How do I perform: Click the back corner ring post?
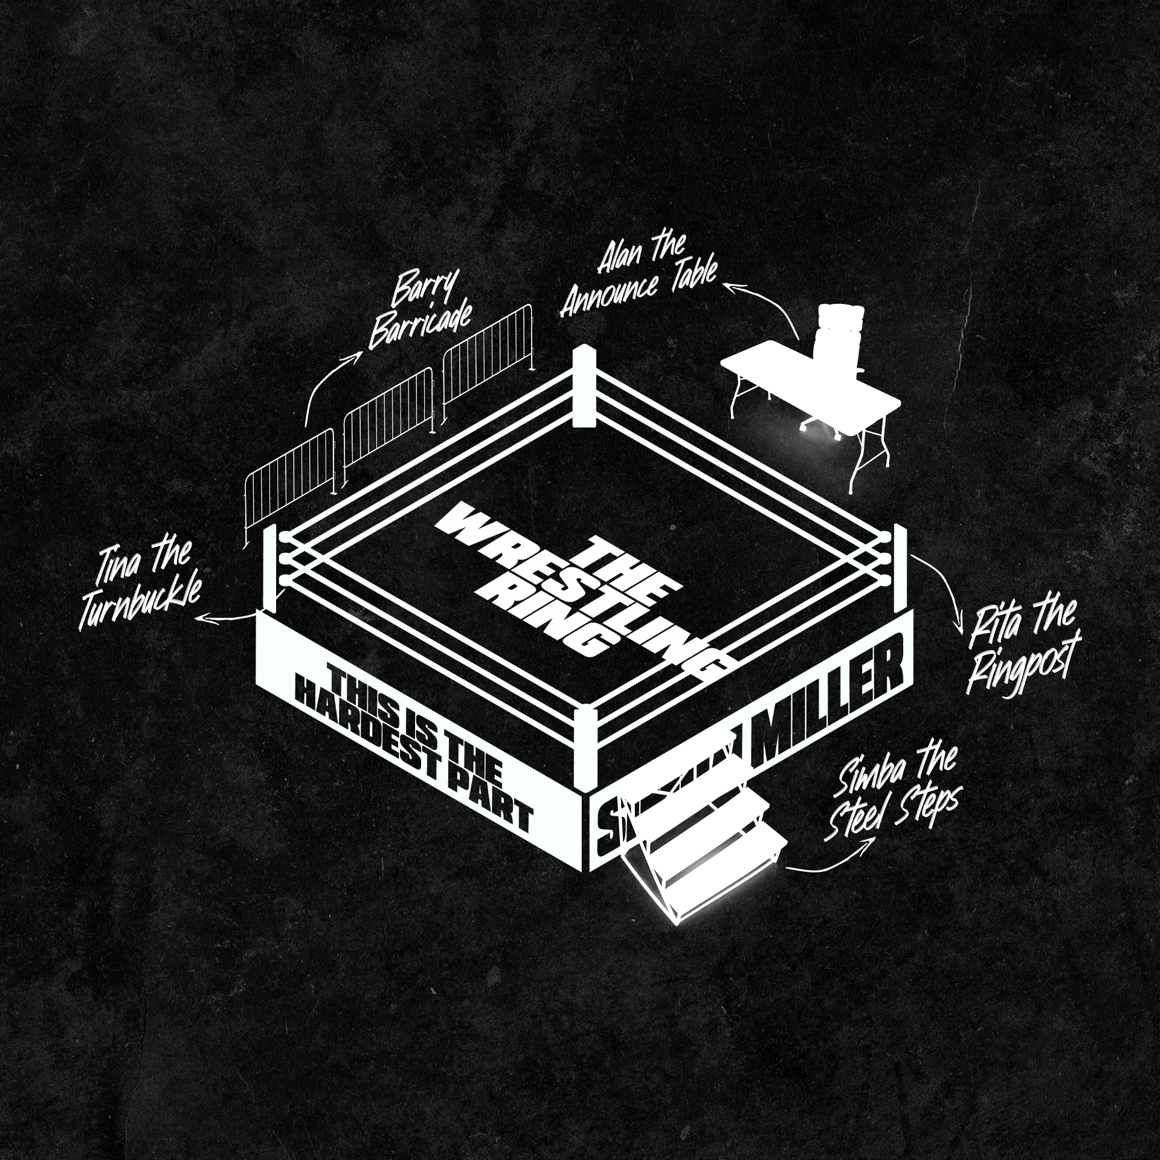584,387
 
